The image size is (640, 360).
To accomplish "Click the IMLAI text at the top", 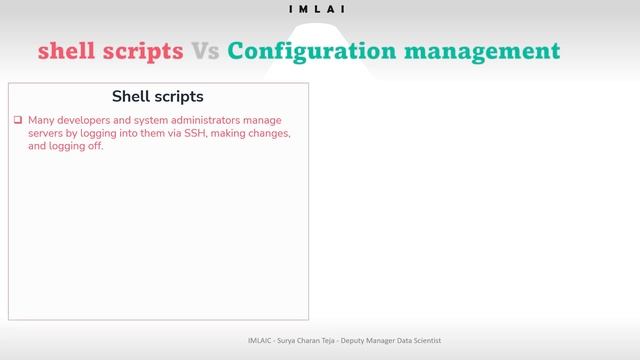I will tap(319, 9).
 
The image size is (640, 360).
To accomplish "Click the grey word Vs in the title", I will tap(205, 50).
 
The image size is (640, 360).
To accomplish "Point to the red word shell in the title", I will tap(65, 50).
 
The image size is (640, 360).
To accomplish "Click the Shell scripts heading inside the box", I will tap(158, 97).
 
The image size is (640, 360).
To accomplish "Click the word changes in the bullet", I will tap(269, 133).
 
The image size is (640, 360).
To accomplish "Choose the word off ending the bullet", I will tap(95, 146).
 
